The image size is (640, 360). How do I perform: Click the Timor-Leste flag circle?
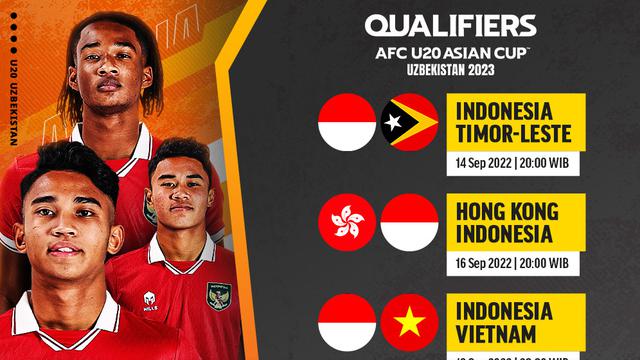(409, 122)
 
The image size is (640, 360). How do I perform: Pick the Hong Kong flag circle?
(347, 222)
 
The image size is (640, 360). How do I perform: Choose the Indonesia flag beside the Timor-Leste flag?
(347, 122)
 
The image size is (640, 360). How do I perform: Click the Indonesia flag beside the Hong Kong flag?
(409, 222)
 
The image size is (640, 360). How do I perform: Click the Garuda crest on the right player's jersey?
(220, 294)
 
